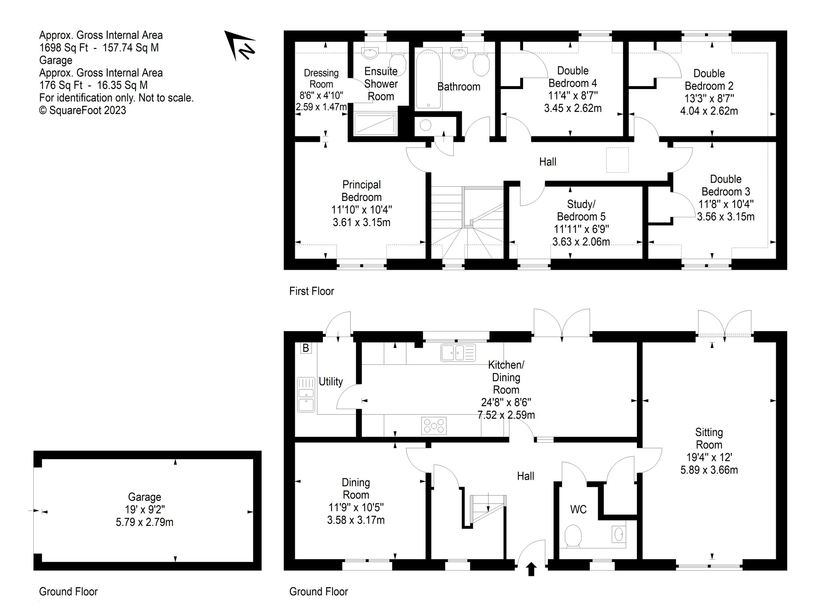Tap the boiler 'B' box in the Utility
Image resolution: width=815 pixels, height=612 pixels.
(306, 348)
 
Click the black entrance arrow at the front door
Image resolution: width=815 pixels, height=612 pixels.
(531, 569)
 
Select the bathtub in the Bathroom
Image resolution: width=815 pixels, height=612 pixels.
(428, 79)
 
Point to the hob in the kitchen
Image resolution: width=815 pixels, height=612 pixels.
(434, 426)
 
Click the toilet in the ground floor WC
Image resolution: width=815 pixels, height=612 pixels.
(573, 536)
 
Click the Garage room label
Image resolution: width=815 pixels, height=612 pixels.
(144, 497)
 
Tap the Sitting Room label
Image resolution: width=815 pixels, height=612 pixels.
(709, 438)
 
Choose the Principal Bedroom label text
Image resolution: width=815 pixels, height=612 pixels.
(361, 191)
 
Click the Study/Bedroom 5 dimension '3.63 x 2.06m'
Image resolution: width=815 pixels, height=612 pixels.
(581, 241)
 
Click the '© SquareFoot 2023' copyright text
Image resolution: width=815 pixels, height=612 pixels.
(83, 110)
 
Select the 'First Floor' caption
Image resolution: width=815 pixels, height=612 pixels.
(311, 291)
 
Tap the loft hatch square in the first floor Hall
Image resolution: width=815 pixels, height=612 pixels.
(617, 160)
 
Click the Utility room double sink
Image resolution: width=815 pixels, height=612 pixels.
(306, 394)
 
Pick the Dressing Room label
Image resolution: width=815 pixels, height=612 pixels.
(321, 78)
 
